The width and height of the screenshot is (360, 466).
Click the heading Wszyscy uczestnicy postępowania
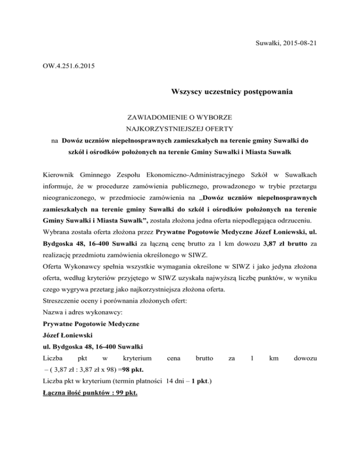(x=232, y=92)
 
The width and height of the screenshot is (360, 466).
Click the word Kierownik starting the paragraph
(x=58, y=174)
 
